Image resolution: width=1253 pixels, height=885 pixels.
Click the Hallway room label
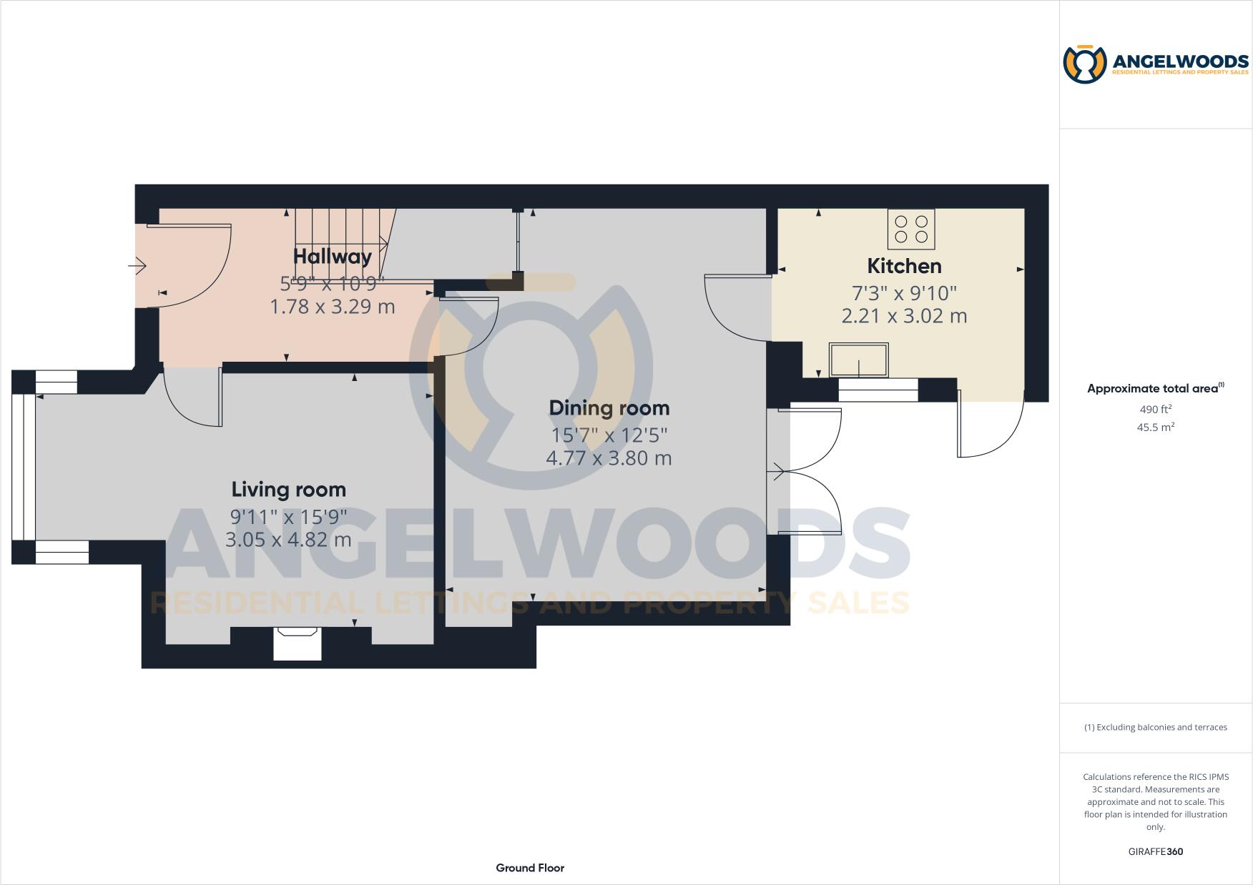click(333, 256)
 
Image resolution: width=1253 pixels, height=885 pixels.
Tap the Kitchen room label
click(904, 266)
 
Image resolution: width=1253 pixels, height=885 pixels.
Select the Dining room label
click(609, 408)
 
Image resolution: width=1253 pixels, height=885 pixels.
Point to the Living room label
click(289, 490)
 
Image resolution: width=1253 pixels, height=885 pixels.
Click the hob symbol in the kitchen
click(911, 229)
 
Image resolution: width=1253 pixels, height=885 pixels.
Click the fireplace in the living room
click(298, 643)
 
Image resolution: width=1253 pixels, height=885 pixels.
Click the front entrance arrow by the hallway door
click(137, 267)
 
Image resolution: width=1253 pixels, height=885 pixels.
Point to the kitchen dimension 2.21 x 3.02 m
click(904, 316)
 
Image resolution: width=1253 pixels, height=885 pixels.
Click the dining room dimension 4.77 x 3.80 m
click(609, 458)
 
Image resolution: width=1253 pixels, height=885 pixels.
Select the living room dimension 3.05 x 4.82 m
click(288, 540)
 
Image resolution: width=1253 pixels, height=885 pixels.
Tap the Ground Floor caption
click(530, 868)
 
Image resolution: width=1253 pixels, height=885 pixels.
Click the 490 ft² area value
click(1155, 410)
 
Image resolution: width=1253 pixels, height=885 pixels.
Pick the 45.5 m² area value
click(1155, 427)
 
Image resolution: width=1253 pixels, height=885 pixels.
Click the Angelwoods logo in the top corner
click(1156, 64)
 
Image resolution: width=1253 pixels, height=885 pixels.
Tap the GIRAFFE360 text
click(1155, 851)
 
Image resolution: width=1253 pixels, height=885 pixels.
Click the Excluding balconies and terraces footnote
click(1155, 727)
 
